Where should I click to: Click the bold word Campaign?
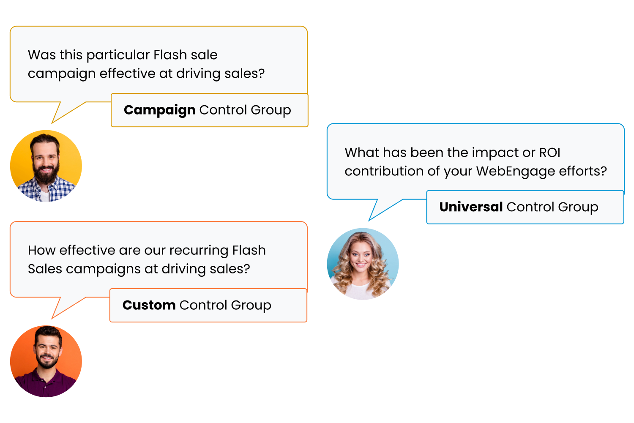tap(159, 110)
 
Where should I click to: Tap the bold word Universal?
tap(471, 207)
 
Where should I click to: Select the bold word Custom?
tap(149, 305)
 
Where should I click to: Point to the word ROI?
tap(549, 153)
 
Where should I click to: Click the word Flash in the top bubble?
tap(170, 55)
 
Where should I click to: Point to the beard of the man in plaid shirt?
tap(45, 174)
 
